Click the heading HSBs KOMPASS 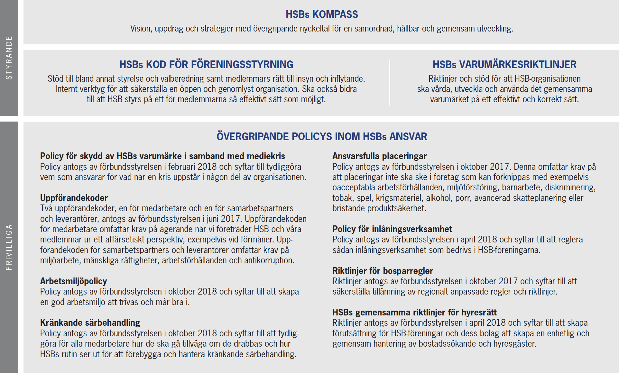pyautogui.click(x=322, y=14)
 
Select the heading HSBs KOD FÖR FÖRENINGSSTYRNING pyautogui.click(x=206, y=65)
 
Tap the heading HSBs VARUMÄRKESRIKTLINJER pyautogui.click(x=504, y=65)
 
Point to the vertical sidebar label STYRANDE pyautogui.click(x=9, y=58)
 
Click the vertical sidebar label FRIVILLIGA pyautogui.click(x=9, y=247)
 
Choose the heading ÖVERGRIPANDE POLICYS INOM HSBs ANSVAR pyautogui.click(x=322, y=137)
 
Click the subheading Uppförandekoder pyautogui.click(x=74, y=198)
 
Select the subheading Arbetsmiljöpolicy pyautogui.click(x=73, y=281)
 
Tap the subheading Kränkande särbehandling pyautogui.click(x=90, y=323)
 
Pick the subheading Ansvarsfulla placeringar pyautogui.click(x=379, y=156)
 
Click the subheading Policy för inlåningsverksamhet pyautogui.click(x=392, y=229)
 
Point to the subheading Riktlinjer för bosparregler pyautogui.click(x=383, y=271)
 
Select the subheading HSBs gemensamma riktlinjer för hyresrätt pyautogui.click(x=414, y=312)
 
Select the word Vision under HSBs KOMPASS pyautogui.click(x=140, y=29)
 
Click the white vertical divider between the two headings pyautogui.click(x=389, y=83)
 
